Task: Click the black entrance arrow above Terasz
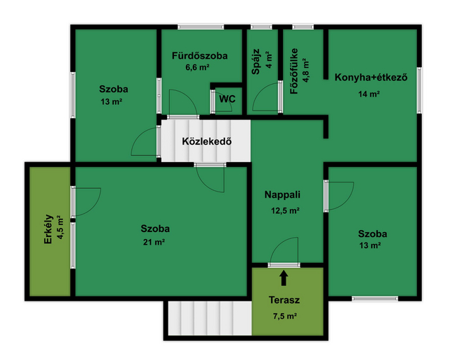[x=284, y=278]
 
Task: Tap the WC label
[x=227, y=99]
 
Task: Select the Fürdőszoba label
[x=200, y=56]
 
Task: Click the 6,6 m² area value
[x=198, y=68]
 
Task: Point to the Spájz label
[x=256, y=62]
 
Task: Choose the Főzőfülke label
[x=294, y=71]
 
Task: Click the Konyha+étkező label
[x=371, y=78]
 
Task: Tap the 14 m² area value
[x=369, y=94]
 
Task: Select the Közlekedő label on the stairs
[x=207, y=141]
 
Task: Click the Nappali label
[x=282, y=195]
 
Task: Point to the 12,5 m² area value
[x=285, y=210]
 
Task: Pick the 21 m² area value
[x=154, y=242]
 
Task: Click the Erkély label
[x=48, y=229]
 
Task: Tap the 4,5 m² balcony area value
[x=60, y=227]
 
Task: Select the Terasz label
[x=284, y=300]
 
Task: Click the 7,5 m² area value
[x=285, y=316]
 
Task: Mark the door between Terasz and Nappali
[x=284, y=265]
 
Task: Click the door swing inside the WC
[x=222, y=101]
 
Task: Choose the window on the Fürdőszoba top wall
[x=201, y=27]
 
